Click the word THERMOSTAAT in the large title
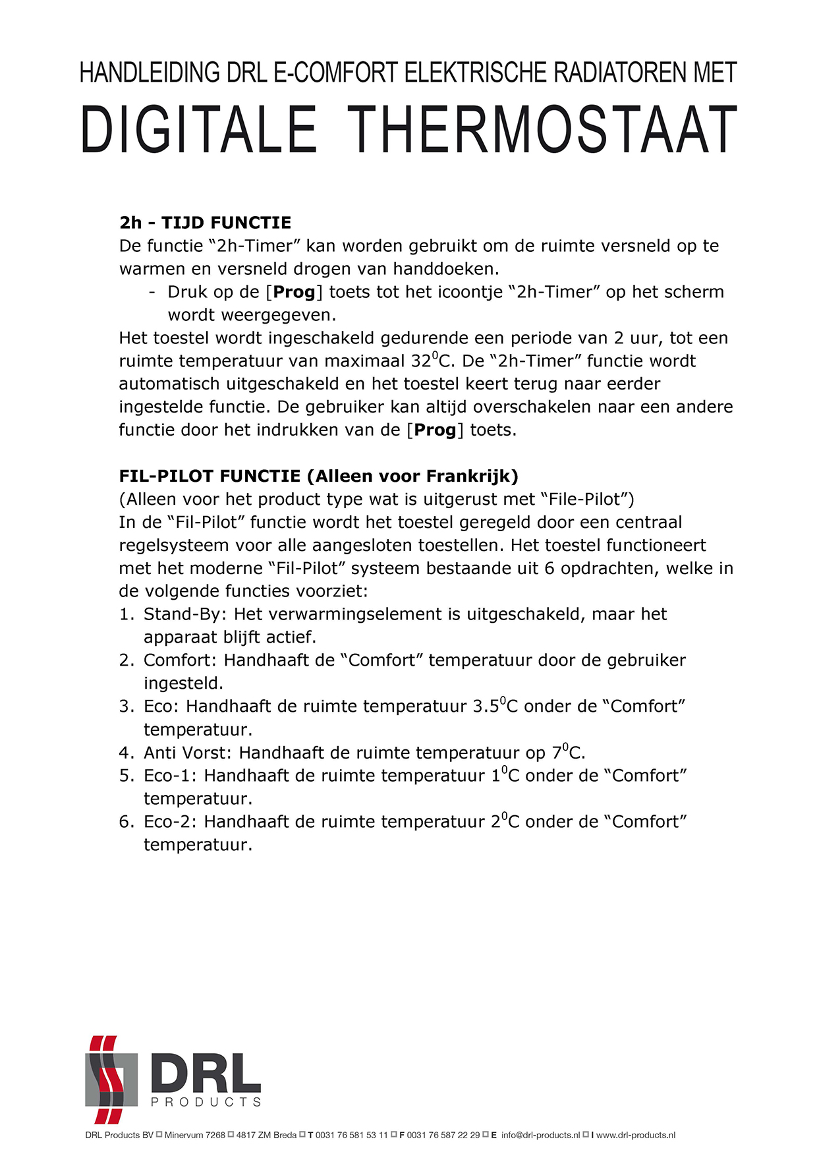pos(542,129)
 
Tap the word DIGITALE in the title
pos(198,129)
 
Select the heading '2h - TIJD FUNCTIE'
pos(206,223)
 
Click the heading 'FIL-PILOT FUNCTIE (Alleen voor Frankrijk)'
pos(319,476)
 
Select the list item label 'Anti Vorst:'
pos(188,753)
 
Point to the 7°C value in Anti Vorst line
pos(567,753)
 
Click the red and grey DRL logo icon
pos(110,1079)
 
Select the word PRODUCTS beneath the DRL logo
pos(206,1102)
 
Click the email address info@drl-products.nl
pos(540,1135)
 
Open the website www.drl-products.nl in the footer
pos(636,1135)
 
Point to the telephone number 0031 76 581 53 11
pos(351,1135)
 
